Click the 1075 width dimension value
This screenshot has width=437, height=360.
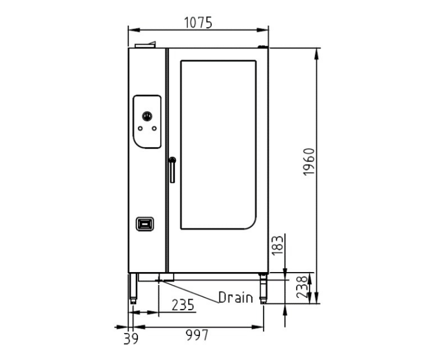198,23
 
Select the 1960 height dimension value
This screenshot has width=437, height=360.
309,161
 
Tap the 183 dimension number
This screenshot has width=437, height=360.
277,246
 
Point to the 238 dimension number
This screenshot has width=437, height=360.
302,287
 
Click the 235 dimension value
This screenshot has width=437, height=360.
183,305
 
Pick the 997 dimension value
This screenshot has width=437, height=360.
197,335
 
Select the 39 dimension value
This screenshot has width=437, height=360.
131,338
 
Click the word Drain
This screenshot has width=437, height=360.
236,297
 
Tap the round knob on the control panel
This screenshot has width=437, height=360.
147,116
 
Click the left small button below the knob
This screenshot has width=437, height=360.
140,129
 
